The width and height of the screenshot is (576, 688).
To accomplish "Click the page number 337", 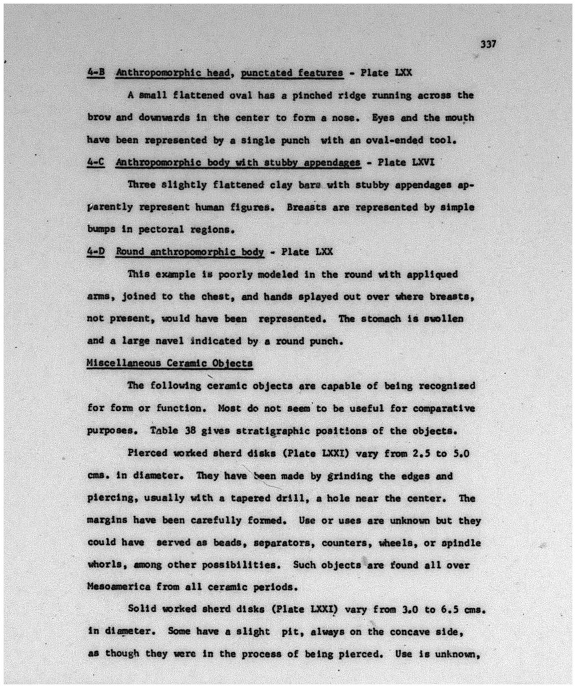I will (x=488, y=44).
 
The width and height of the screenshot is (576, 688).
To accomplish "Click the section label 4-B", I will (x=95, y=72).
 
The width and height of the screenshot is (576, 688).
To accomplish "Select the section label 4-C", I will (x=95, y=162).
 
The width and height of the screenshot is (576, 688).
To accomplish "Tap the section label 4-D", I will (x=95, y=251).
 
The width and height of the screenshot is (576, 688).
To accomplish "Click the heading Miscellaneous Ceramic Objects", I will (x=170, y=363).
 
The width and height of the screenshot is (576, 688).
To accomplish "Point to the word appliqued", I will (x=433, y=274).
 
